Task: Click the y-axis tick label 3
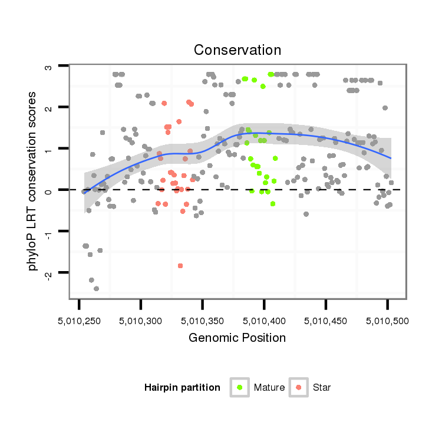click(x=50, y=67)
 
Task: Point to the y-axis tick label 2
click(x=50, y=108)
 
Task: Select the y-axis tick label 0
click(x=50, y=191)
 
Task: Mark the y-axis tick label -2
click(x=50, y=272)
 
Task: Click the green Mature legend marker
click(x=240, y=387)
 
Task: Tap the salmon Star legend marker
click(x=299, y=387)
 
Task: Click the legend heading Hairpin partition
click(x=182, y=388)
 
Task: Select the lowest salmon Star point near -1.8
click(x=180, y=266)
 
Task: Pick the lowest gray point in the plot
click(x=96, y=289)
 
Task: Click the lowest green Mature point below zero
click(x=273, y=204)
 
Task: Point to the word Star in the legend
click(x=322, y=388)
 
